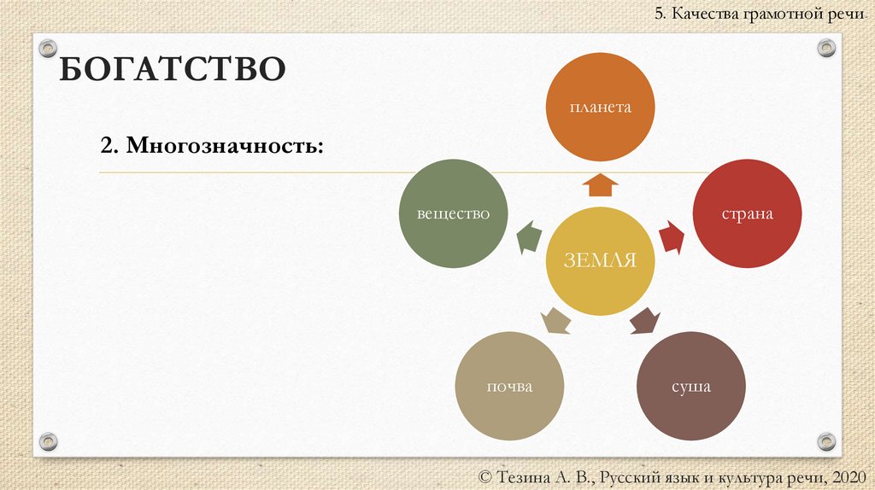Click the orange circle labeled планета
pyautogui.click(x=601, y=108)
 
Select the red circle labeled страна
pyautogui.click(x=747, y=213)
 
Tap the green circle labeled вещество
pyautogui.click(x=453, y=213)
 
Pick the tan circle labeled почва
pyautogui.click(x=509, y=386)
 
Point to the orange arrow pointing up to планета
pyautogui.click(x=602, y=184)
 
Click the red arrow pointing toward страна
pyautogui.click(x=672, y=237)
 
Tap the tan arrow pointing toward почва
pyautogui.click(x=556, y=321)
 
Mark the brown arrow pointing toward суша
pyautogui.click(x=645, y=321)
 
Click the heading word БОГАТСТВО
pyautogui.click(x=171, y=69)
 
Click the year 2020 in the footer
pyautogui.click(x=847, y=475)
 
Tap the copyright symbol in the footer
pyautogui.click(x=488, y=476)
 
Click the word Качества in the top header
pyautogui.click(x=707, y=14)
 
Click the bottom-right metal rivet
pyautogui.click(x=825, y=441)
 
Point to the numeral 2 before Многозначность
pyautogui.click(x=106, y=145)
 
